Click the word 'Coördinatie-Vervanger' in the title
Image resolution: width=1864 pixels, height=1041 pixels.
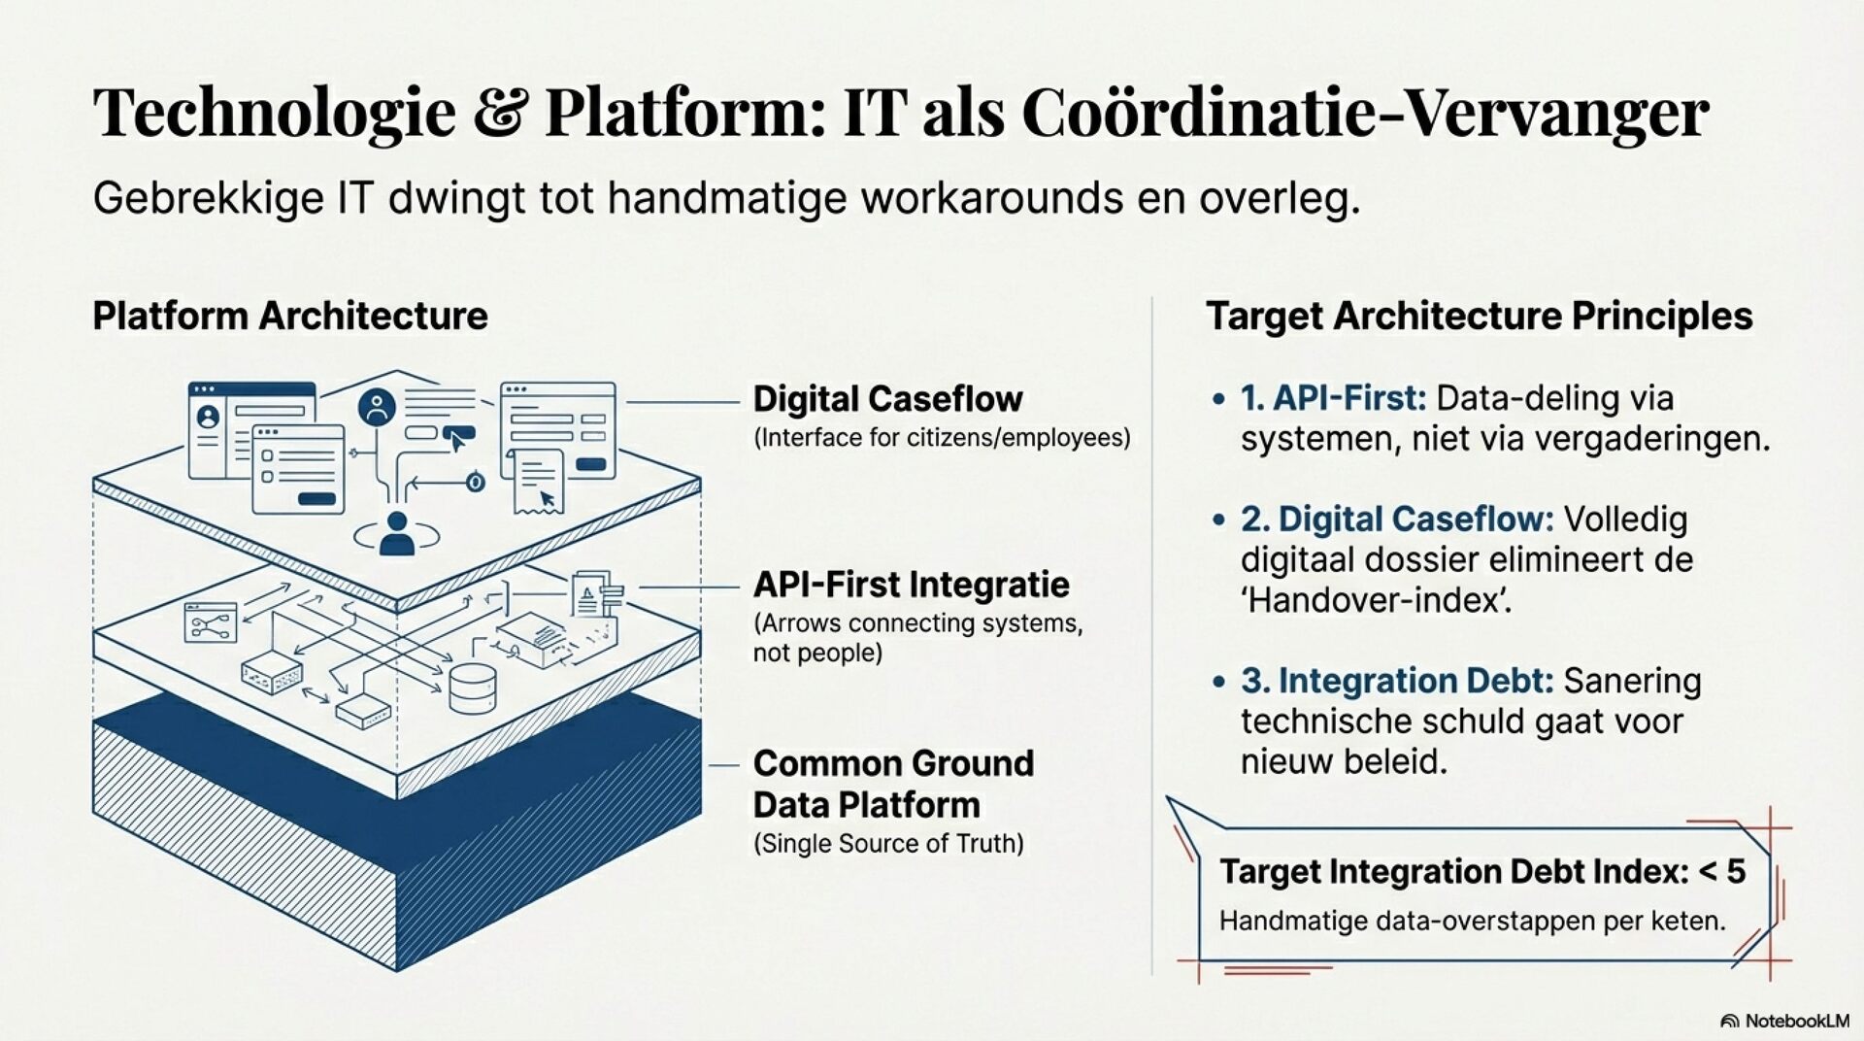pyautogui.click(x=1365, y=113)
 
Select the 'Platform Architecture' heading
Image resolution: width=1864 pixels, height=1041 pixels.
pyautogui.click(x=289, y=317)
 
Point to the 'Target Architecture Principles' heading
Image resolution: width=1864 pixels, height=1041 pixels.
pyautogui.click(x=1479, y=317)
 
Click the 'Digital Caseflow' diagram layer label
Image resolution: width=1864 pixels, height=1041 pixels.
pyautogui.click(x=887, y=399)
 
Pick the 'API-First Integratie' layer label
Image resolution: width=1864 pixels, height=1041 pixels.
pyautogui.click(x=911, y=585)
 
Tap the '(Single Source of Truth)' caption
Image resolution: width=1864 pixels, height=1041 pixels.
pyautogui.click(x=888, y=843)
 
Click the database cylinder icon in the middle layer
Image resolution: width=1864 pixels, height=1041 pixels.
pyautogui.click(x=473, y=687)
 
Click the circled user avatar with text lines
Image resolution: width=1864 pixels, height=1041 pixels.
pyautogui.click(x=377, y=407)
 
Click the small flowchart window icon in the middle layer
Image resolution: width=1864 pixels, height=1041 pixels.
pyautogui.click(x=211, y=622)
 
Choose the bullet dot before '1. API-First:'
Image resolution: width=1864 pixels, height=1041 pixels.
pyautogui.click(x=1218, y=399)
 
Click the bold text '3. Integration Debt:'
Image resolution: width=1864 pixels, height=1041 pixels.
pyautogui.click(x=1398, y=681)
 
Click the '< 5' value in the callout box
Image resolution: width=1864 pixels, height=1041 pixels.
pyautogui.click(x=1722, y=871)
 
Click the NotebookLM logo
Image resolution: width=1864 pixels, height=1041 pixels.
pyautogui.click(x=1784, y=1021)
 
